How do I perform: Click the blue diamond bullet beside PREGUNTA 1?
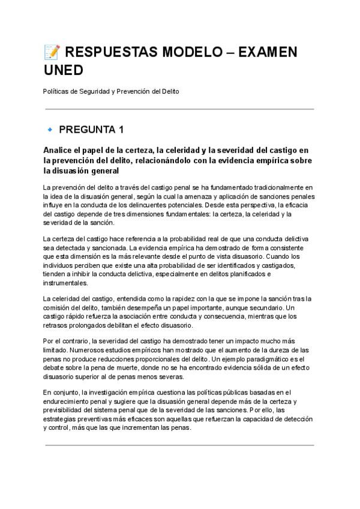(x=50, y=129)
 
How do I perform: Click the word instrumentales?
(x=65, y=283)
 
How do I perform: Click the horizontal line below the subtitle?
(x=179, y=109)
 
